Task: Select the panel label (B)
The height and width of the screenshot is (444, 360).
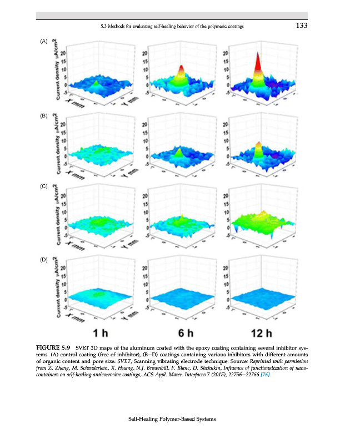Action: (44, 116)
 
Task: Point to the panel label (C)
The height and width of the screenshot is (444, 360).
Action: (44, 187)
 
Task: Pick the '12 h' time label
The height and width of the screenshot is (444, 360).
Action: (261, 334)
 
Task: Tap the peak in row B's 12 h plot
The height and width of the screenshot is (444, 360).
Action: (257, 147)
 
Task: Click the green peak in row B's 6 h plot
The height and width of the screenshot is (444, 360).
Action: (179, 152)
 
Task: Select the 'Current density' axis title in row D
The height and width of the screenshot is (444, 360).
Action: (56, 289)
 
